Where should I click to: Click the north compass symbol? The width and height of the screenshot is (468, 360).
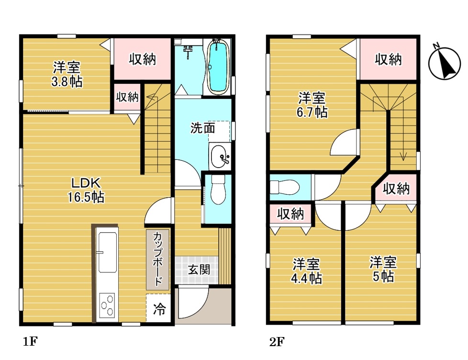click(x=444, y=63)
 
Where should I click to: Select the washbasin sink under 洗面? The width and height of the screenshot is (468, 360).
click(x=220, y=156)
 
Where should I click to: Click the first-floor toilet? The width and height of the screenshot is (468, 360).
click(x=218, y=190)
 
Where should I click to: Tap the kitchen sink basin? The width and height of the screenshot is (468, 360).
click(x=108, y=252)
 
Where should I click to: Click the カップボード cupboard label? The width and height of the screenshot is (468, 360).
click(x=157, y=259)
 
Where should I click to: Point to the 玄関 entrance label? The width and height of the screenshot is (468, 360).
click(x=199, y=270)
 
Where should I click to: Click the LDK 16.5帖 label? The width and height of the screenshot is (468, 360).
click(x=86, y=190)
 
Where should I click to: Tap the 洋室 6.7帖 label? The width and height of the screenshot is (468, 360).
click(x=312, y=105)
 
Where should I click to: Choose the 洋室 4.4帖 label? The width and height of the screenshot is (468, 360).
click(x=306, y=271)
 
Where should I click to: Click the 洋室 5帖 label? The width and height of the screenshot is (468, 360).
click(x=383, y=269)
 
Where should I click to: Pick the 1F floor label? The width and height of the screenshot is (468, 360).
click(x=30, y=341)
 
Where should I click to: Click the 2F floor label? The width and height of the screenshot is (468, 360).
click(x=277, y=342)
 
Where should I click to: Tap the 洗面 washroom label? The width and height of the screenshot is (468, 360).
click(x=203, y=128)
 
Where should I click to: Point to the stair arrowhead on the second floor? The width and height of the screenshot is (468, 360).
click(x=403, y=157)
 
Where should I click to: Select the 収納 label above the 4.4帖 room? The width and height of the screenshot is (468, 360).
click(x=290, y=214)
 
